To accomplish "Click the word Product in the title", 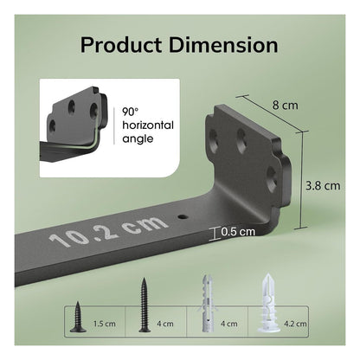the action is click(x=121, y=45).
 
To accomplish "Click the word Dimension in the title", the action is click(x=223, y=45).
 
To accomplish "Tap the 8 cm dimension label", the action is click(x=285, y=106).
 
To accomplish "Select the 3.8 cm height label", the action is click(x=323, y=185).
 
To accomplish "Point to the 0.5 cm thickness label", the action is click(x=238, y=231).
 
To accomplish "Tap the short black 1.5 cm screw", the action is click(x=78, y=317).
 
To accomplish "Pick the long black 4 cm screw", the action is click(x=144, y=305).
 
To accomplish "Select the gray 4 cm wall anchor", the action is click(x=208, y=303).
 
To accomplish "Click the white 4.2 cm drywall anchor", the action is click(x=268, y=303).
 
